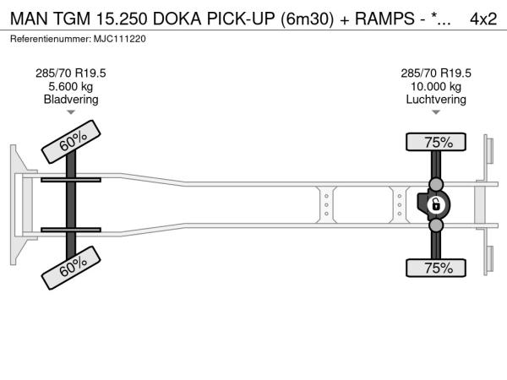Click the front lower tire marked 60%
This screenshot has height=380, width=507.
[x=74, y=268]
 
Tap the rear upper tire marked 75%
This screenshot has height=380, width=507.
[x=437, y=143]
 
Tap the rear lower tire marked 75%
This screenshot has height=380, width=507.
[x=437, y=269]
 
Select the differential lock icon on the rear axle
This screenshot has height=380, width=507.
[x=436, y=205]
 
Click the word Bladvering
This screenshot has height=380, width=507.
[x=71, y=100]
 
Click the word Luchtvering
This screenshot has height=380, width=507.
[x=437, y=100]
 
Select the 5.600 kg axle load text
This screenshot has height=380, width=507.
[x=71, y=86]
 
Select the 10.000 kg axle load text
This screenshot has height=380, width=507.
[x=437, y=86]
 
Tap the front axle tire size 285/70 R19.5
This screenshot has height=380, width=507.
[x=71, y=73]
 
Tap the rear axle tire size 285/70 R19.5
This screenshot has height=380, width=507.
[x=437, y=73]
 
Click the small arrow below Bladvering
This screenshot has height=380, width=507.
[x=71, y=111]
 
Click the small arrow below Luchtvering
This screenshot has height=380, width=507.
[x=437, y=111]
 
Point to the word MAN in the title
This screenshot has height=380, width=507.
[x=27, y=19]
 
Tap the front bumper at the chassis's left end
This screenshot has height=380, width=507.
[x=16, y=204]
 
